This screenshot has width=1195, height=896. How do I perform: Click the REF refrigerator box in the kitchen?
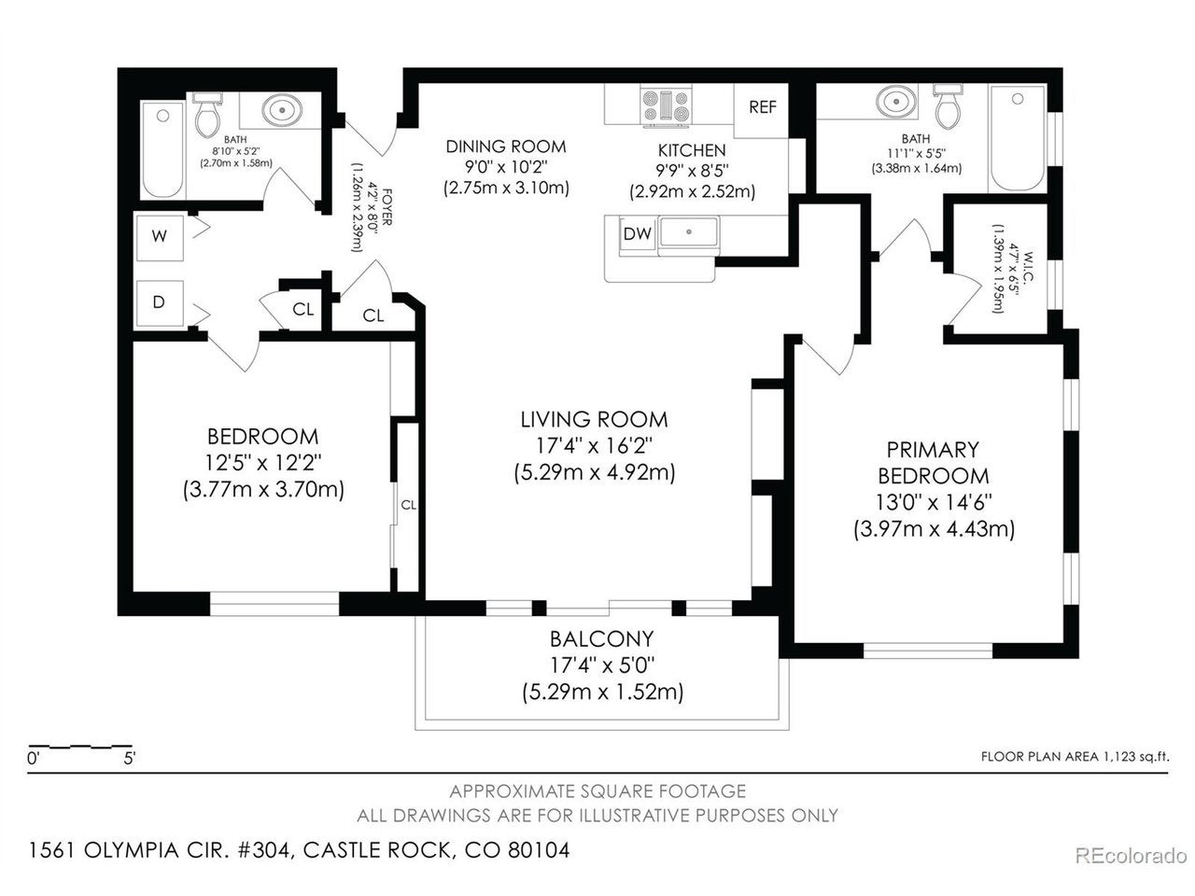click(x=761, y=110)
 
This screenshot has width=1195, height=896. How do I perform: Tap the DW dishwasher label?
click(x=637, y=234)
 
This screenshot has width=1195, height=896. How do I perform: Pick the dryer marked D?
click(x=159, y=303)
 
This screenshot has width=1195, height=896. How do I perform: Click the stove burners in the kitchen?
click(x=666, y=105)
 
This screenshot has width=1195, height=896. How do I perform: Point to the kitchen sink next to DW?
click(x=689, y=232)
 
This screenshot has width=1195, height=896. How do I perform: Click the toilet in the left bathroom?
click(x=207, y=116)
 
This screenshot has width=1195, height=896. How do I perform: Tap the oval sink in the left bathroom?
click(x=282, y=110)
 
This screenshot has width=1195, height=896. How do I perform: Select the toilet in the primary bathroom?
click(x=948, y=106)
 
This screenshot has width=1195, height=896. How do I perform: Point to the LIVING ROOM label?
click(x=594, y=420)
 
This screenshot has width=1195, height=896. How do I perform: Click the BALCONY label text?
click(x=601, y=639)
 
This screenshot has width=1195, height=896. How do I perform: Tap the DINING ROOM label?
click(x=506, y=147)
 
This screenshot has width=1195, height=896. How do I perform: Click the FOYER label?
click(x=387, y=206)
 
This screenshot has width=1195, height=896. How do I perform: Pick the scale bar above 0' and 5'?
click(x=80, y=746)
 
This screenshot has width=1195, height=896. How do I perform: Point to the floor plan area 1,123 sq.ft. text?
click(x=1075, y=757)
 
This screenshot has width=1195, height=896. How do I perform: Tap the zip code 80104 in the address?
click(x=538, y=849)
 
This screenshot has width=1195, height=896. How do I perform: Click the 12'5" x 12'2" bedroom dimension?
click(x=263, y=463)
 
